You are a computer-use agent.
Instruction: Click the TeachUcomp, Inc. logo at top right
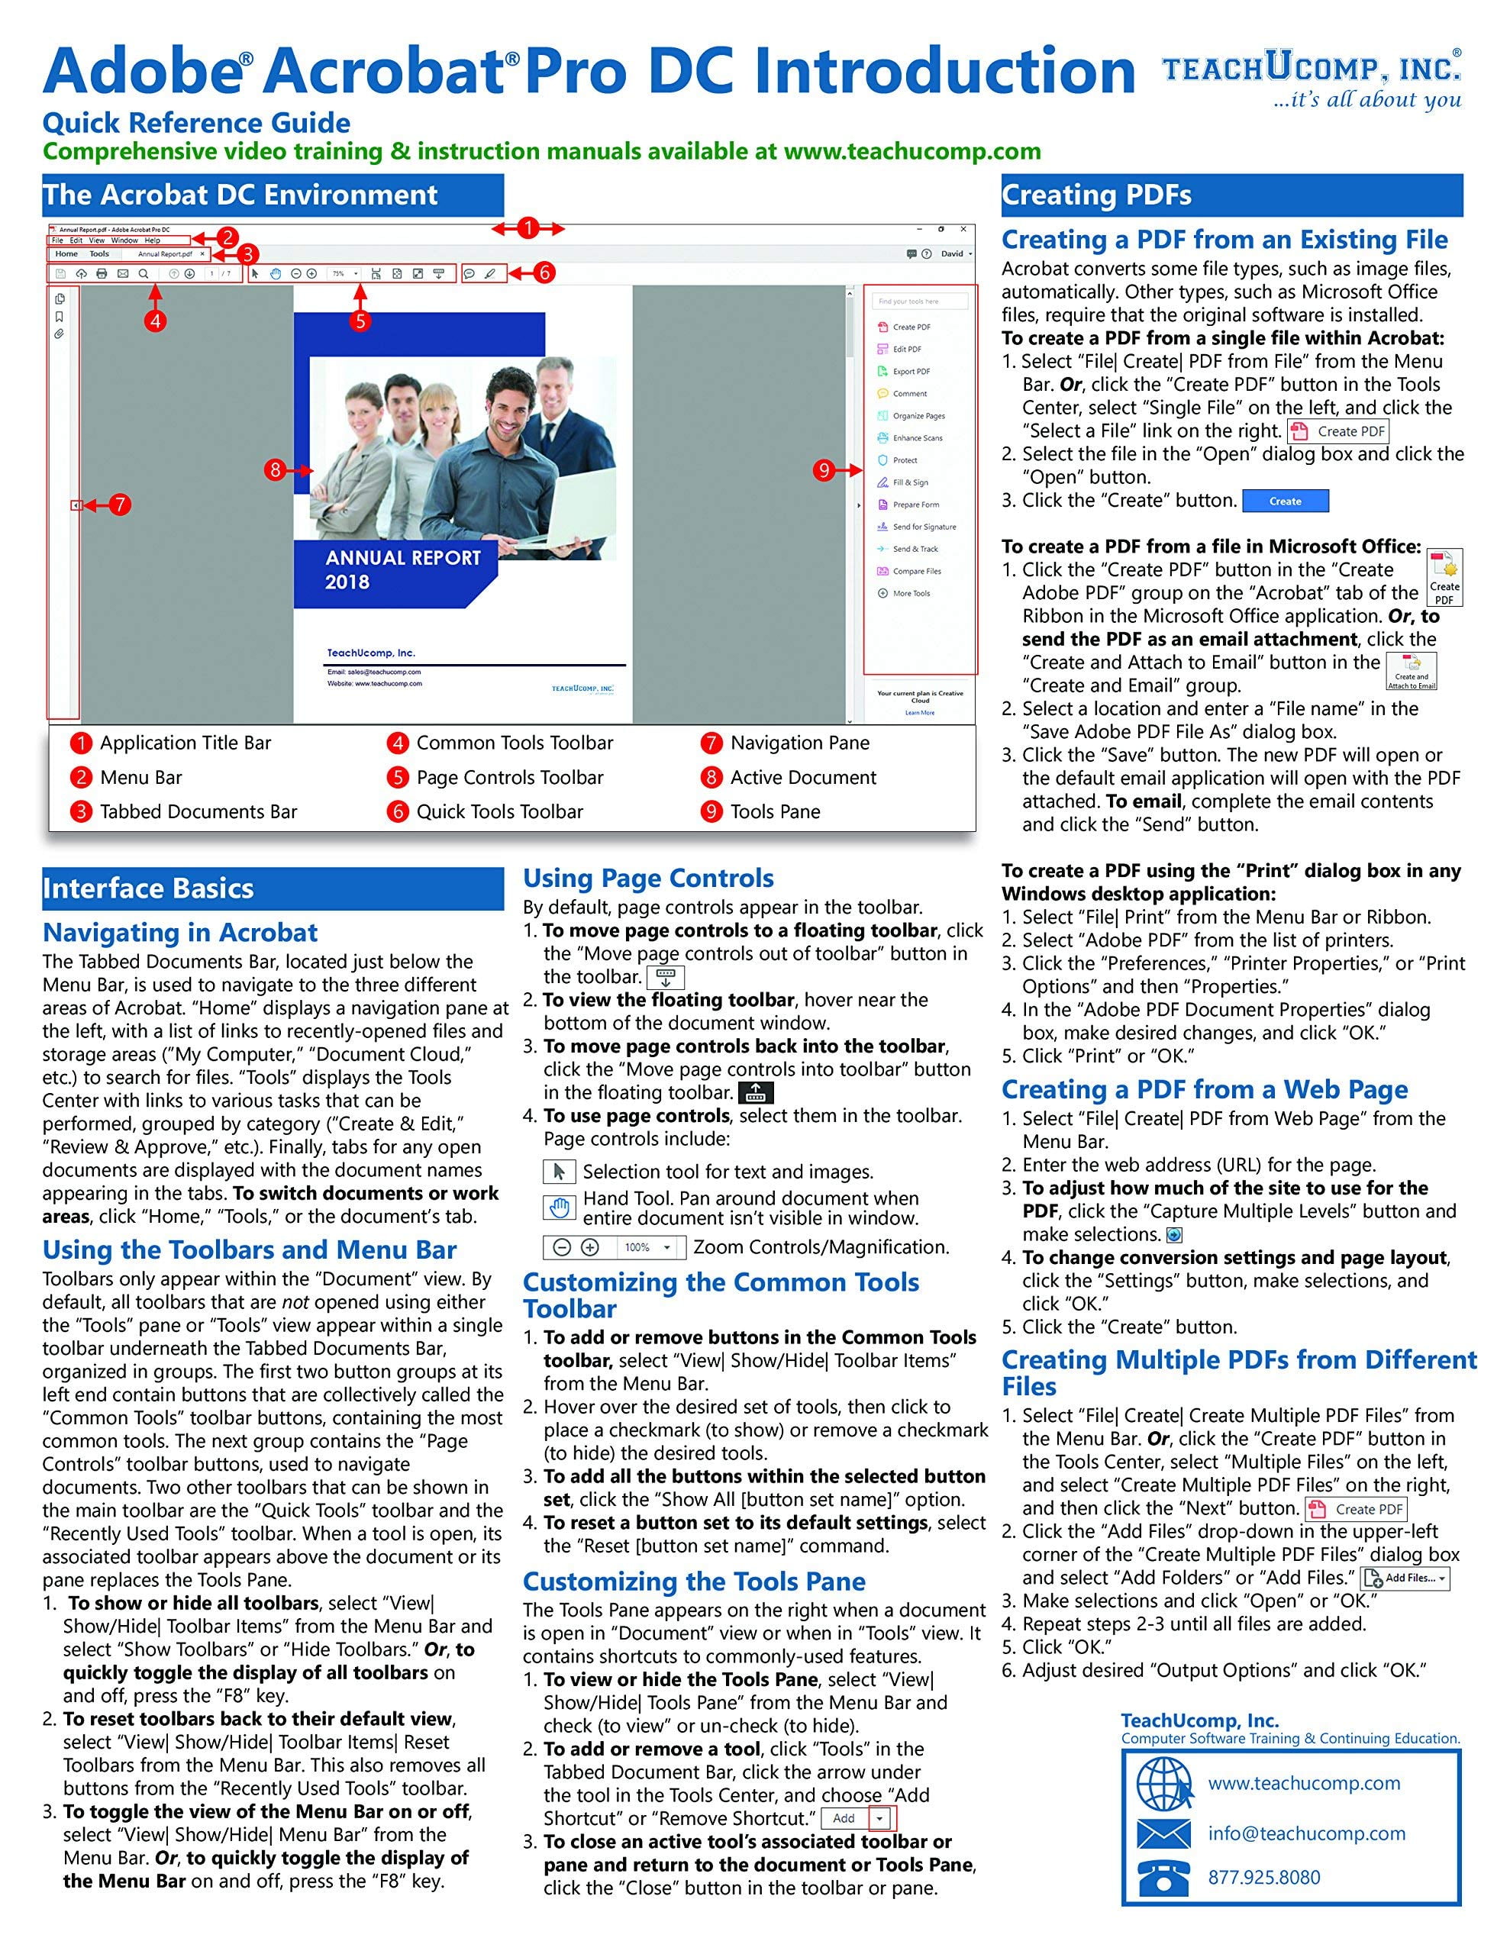click(1312, 78)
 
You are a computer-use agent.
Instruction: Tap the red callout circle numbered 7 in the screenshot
click(119, 505)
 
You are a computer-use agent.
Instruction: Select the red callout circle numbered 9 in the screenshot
click(824, 469)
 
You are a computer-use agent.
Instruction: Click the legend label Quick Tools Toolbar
click(499, 811)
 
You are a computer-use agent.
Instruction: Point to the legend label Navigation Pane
click(799, 743)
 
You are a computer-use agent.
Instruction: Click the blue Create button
click(1286, 501)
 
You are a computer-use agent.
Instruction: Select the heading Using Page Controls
click(648, 878)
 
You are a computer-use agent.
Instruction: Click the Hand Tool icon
click(560, 1208)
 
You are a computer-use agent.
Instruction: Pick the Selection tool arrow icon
click(560, 1171)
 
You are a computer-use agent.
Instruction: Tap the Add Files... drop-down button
click(1405, 1578)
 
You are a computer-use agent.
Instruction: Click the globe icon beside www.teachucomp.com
click(1163, 1784)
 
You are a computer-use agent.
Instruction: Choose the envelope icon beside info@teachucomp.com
click(1163, 1833)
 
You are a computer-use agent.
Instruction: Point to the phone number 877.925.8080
click(1264, 1877)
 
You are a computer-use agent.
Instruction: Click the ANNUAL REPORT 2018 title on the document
click(403, 570)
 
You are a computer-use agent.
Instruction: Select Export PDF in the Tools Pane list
click(911, 371)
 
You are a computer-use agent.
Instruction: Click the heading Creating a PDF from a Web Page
click(1204, 1090)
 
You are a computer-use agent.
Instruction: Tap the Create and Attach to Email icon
click(1412, 671)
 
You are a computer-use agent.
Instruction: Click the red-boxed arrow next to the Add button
click(880, 1818)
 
